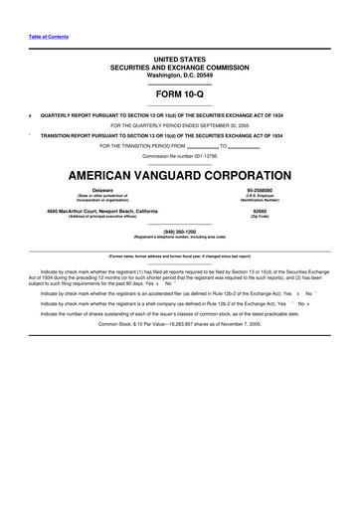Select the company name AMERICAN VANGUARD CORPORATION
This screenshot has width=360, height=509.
click(180, 173)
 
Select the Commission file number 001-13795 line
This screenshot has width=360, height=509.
click(180, 157)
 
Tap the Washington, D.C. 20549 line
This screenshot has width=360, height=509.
click(180, 75)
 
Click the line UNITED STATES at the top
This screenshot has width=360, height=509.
click(180, 60)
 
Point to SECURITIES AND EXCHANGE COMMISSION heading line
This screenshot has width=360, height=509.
click(180, 68)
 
